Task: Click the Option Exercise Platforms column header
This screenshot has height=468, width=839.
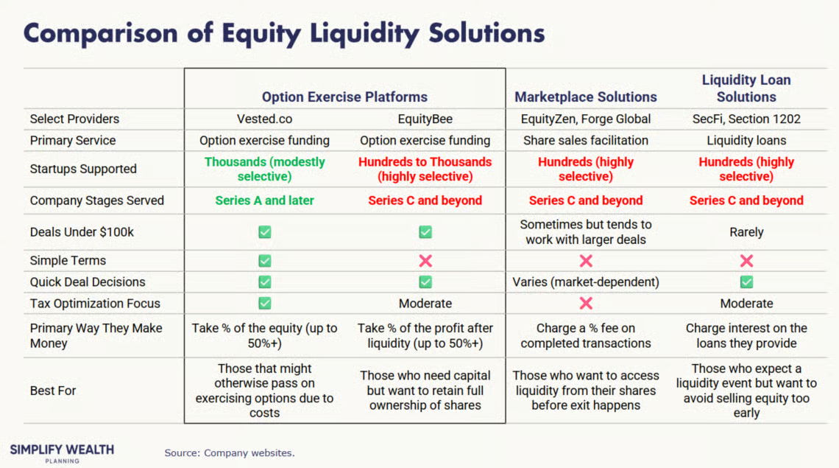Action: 344,97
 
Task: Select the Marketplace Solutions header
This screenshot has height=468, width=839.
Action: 585,97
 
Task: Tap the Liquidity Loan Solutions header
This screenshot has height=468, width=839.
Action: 746,88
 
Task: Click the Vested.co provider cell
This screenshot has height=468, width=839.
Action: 264,119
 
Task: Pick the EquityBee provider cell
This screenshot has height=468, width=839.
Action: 425,119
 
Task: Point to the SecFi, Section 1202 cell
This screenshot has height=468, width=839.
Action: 746,119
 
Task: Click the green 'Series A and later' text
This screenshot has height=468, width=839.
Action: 264,200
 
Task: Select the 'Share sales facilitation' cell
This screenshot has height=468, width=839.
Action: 585,141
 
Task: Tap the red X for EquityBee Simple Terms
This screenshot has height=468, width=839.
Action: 425,261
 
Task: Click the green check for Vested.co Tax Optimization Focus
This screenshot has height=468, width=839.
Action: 265,304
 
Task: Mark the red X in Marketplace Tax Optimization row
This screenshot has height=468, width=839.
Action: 586,304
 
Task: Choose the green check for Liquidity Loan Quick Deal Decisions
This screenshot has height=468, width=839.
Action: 746,282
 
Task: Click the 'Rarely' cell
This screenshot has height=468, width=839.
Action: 746,232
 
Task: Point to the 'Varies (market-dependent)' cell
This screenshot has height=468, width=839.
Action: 585,282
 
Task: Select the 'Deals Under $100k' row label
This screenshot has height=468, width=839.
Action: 82,232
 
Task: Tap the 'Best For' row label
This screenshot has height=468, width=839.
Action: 53,391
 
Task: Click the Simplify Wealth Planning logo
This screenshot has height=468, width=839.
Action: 62,453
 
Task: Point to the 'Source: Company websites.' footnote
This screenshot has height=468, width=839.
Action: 230,453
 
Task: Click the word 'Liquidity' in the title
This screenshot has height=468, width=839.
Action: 364,34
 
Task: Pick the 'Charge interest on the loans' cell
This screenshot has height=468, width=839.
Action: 746,335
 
